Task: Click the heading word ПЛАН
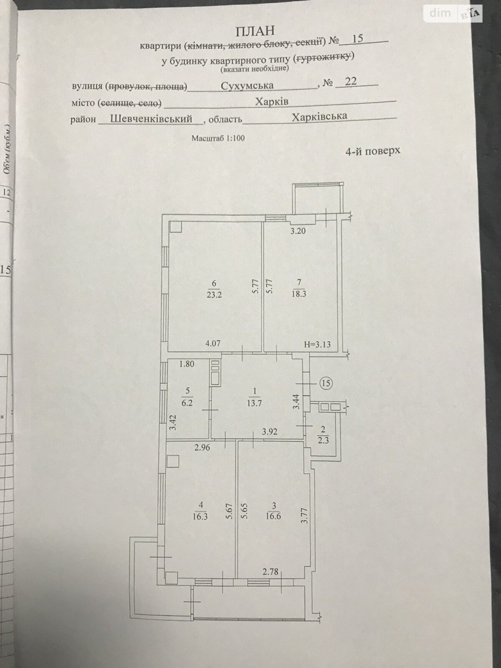click(x=255, y=31)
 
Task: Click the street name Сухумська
click(x=247, y=86)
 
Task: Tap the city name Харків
click(x=272, y=101)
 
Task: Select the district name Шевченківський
click(x=151, y=119)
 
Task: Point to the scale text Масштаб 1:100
click(x=218, y=138)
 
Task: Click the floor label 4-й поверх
click(x=373, y=151)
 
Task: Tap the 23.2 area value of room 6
click(x=214, y=295)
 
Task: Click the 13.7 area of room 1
click(x=254, y=404)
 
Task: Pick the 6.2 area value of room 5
click(x=187, y=403)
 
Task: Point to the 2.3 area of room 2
click(x=323, y=440)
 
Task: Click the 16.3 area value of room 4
click(x=200, y=516)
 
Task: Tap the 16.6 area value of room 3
click(x=273, y=516)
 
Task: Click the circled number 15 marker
click(x=326, y=383)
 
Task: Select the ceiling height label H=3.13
click(x=317, y=345)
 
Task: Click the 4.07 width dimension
click(x=213, y=344)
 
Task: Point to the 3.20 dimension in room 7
click(x=298, y=231)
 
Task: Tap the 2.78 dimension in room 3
click(x=271, y=572)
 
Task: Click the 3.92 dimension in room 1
click(x=270, y=431)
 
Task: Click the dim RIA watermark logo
click(x=453, y=13)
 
